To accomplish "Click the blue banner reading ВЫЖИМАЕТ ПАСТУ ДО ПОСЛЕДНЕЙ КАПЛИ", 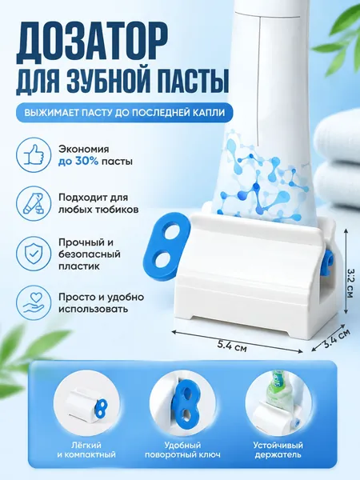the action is pos(125,112).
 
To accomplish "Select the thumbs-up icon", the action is pos(34,155).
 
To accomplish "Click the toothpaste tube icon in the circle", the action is pos(34,204).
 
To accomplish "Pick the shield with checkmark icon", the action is pos(34,254).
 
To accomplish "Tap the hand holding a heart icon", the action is pos(34,302).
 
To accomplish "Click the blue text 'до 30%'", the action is pos(78,162).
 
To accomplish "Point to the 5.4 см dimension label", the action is pos(232,346).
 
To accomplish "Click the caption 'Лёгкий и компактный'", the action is pos(86,450).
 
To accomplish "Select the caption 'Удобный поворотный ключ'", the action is pos(182,450).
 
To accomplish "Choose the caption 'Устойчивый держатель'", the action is pos(278,450).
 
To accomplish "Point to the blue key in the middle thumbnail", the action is pos(185,400).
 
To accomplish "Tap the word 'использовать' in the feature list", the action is pos(93,309).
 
